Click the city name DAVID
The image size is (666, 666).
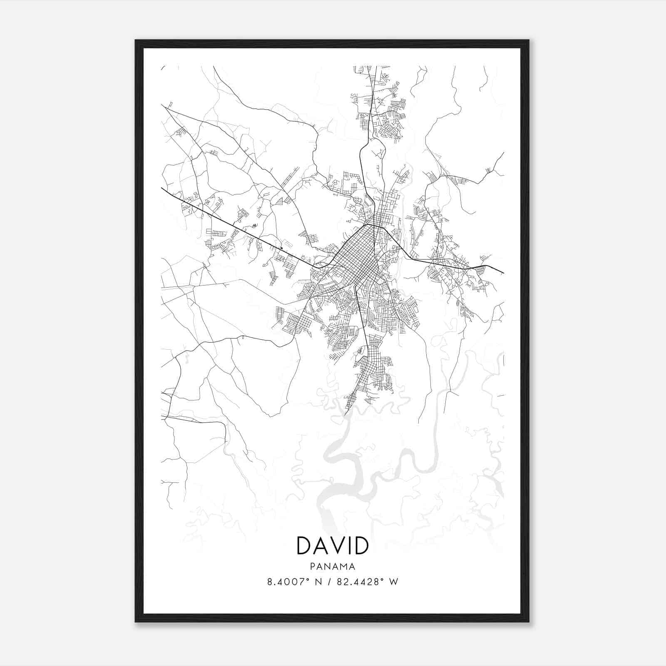pyautogui.click(x=332, y=546)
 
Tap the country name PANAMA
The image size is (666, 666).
pyautogui.click(x=332, y=567)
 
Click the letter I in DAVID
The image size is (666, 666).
pyautogui.click(x=348, y=546)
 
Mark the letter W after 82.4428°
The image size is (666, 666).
pyautogui.click(x=393, y=582)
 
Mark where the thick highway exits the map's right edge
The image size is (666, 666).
pyautogui.click(x=503, y=273)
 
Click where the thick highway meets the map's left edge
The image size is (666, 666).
pyautogui.click(x=162, y=188)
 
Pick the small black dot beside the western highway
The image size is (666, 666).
pyautogui.click(x=281, y=249)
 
